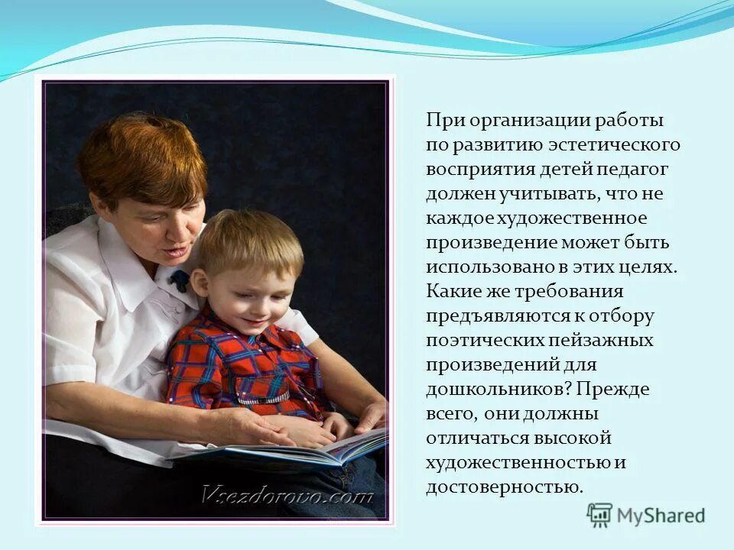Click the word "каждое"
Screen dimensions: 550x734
(459, 218)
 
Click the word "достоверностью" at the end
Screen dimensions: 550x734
(504, 487)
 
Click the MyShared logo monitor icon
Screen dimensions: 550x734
(599, 516)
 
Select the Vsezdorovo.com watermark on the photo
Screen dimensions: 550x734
(287, 495)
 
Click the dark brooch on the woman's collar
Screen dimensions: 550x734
(180, 280)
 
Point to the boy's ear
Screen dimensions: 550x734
(200, 283)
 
